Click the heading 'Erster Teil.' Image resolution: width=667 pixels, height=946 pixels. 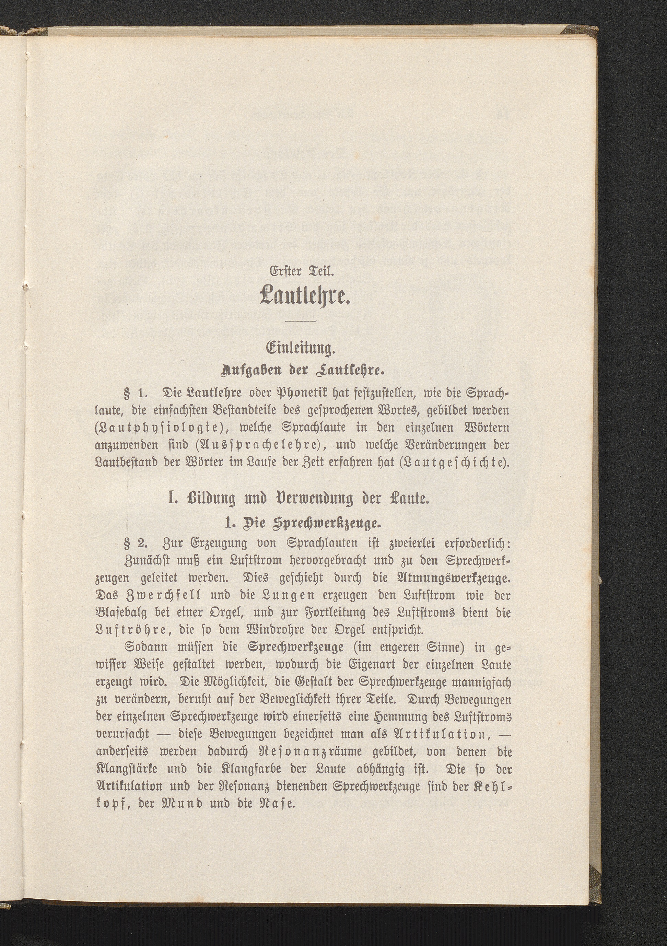click(x=304, y=272)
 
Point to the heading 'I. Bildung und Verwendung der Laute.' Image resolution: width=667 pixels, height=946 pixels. click(x=299, y=499)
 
